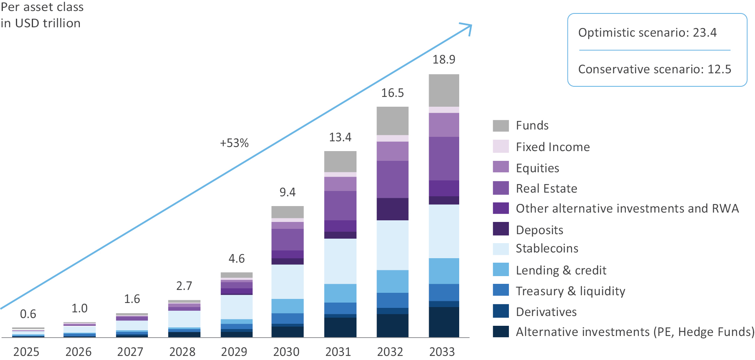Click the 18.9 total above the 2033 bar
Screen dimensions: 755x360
click(444, 59)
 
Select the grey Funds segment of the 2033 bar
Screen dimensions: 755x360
click(444, 90)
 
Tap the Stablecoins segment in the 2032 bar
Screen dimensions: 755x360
click(392, 245)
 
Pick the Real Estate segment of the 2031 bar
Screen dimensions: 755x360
click(340, 206)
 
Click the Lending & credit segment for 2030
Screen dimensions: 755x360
click(288, 306)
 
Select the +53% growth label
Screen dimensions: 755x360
click(234, 143)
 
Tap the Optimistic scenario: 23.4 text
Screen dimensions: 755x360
click(647, 33)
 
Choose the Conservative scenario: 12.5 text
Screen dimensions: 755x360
click(655, 69)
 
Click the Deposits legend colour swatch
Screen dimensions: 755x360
click(501, 229)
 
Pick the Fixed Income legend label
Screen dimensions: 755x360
click(553, 147)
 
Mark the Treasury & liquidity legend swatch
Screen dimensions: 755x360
click(501, 290)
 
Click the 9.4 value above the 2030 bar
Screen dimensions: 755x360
click(288, 192)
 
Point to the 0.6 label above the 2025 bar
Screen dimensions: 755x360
click(28, 314)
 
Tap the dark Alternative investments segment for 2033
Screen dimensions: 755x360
click(444, 322)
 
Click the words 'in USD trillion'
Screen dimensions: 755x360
click(41, 23)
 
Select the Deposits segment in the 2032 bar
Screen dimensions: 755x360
click(392, 209)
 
